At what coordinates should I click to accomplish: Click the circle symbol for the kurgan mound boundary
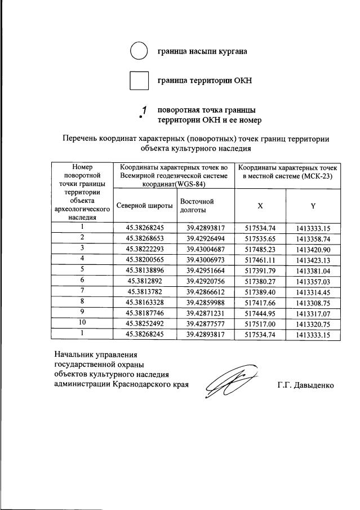click(x=139, y=51)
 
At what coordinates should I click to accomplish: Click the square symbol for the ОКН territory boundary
click(x=139, y=81)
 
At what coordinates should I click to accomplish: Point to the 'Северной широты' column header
click(x=144, y=206)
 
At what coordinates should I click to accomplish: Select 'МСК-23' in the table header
click(x=316, y=176)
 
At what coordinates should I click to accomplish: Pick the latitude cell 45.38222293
click(x=145, y=249)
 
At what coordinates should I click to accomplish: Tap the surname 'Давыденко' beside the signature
click(x=314, y=385)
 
